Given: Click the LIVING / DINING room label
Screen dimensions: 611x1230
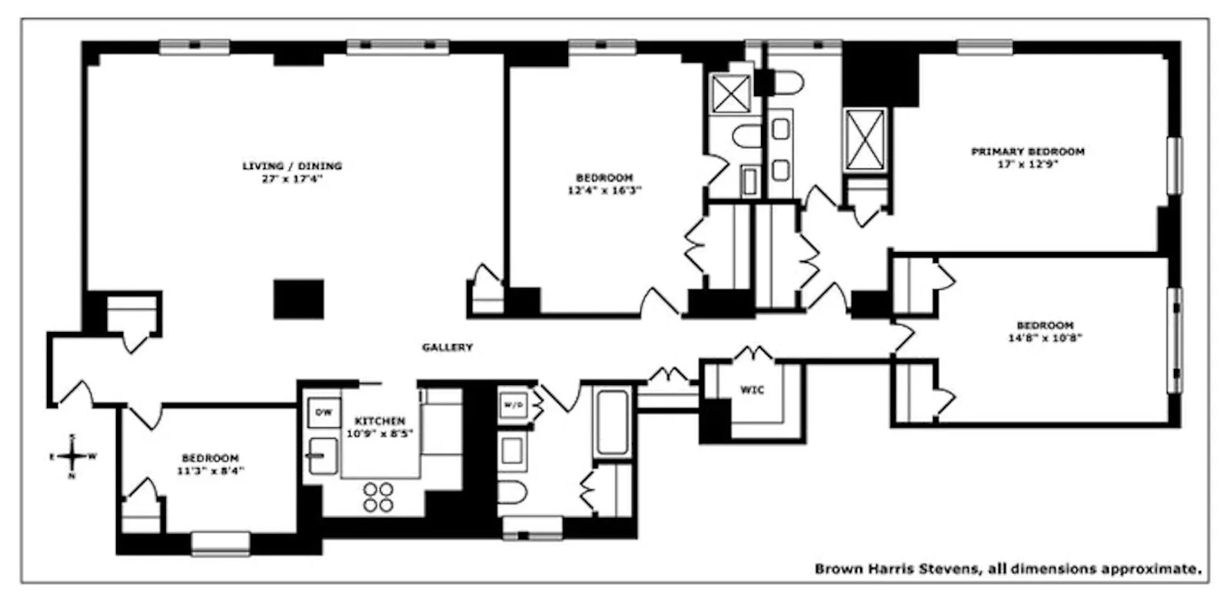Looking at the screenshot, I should pos(292,166).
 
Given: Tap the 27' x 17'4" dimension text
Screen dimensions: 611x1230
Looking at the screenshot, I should pos(292,179).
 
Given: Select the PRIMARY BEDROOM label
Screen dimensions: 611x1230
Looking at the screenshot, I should pos(1028,152).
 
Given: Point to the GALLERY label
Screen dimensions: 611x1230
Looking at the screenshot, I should pos(447,347).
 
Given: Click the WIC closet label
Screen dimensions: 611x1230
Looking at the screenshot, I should pos(752,390).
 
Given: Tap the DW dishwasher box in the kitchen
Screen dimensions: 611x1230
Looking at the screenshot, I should pos(324,413).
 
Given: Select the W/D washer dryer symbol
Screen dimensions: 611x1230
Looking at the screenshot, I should pos(512,405).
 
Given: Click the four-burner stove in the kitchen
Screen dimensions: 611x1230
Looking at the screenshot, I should pos(378,497).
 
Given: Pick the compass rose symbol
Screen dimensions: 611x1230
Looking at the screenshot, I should pos(72,457).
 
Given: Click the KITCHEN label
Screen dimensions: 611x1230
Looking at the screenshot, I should pos(380,421).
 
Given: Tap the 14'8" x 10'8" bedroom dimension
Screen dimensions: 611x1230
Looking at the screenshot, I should pos(1045,337).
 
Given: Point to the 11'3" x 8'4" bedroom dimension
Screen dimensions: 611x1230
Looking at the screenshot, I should pos(210,470).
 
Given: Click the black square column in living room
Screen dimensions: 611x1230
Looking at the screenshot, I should pos(298,299).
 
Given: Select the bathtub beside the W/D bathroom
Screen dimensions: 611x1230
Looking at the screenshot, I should pos(613,423).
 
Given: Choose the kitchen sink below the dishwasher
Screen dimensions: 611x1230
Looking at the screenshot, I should pos(323,457).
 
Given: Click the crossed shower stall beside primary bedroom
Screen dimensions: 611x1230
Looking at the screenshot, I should pos(866,139).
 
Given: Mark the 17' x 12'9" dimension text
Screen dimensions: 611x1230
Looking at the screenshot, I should pos(1028,164).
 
